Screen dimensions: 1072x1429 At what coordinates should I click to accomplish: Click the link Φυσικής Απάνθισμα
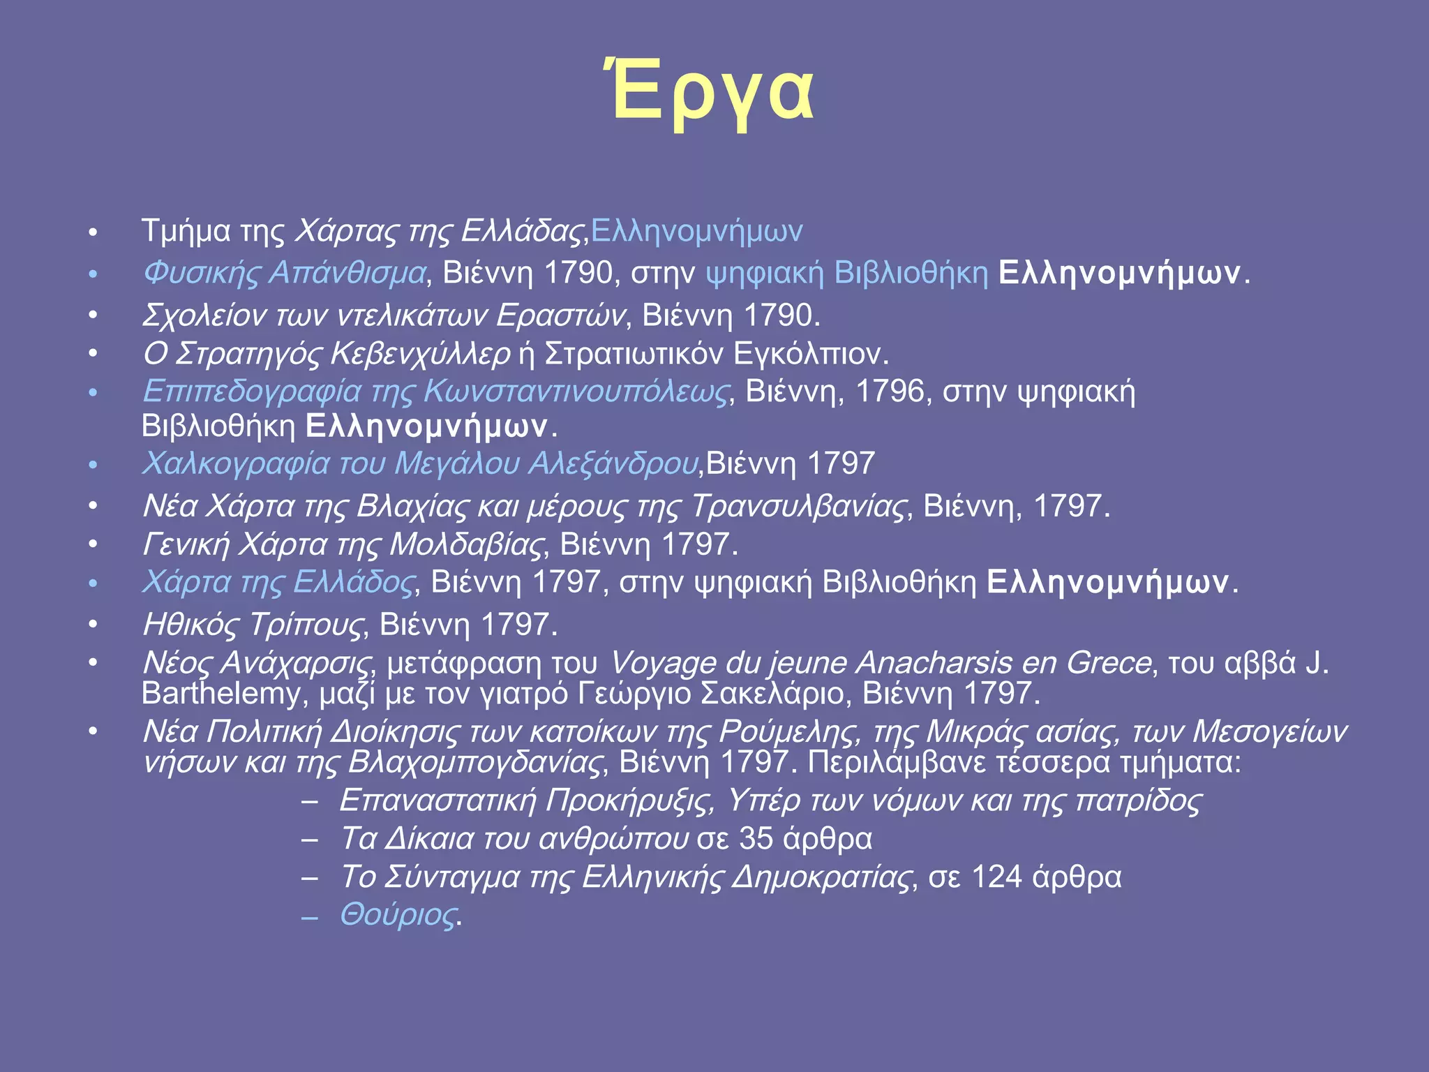(x=284, y=273)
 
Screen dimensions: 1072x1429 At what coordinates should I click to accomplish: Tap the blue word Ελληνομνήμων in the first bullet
(x=696, y=231)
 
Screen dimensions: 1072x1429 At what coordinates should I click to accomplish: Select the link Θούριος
(x=398, y=914)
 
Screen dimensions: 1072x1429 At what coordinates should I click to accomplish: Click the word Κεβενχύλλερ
(x=421, y=354)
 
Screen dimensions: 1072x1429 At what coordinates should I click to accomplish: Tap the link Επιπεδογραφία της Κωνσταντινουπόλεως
(x=435, y=392)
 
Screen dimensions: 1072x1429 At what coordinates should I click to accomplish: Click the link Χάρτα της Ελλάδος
(x=278, y=582)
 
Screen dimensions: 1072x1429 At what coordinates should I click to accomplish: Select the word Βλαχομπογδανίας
(x=474, y=762)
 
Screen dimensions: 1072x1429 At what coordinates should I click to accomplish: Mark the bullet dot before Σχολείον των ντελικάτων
(x=93, y=316)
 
